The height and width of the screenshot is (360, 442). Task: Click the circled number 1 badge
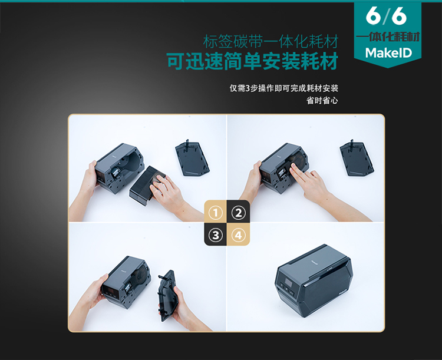click(x=216, y=213)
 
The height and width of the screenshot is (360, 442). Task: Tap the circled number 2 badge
click(x=239, y=213)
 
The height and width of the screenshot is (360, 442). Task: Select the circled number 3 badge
click(x=216, y=235)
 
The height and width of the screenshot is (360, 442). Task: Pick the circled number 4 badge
click(x=239, y=235)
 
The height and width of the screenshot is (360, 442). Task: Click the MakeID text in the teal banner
click(x=388, y=52)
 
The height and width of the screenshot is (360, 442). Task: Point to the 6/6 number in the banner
click(x=386, y=16)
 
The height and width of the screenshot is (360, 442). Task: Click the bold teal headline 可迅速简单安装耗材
click(x=252, y=61)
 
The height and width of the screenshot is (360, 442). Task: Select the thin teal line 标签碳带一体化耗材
click(x=271, y=42)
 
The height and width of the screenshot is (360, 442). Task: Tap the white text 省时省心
click(x=322, y=101)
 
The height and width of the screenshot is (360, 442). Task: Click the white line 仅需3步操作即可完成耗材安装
click(x=284, y=88)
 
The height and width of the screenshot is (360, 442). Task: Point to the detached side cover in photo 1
click(x=192, y=158)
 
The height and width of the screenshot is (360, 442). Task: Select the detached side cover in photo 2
click(x=357, y=158)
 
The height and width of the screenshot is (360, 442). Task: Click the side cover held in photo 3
click(x=169, y=295)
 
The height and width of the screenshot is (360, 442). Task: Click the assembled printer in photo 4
click(x=314, y=280)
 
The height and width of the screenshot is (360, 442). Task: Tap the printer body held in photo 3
click(x=126, y=282)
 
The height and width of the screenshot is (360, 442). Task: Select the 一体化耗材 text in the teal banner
click(x=388, y=37)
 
